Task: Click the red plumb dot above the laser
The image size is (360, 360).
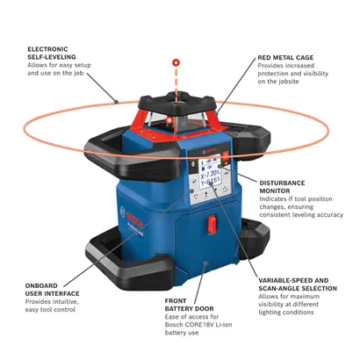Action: (176, 62)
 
